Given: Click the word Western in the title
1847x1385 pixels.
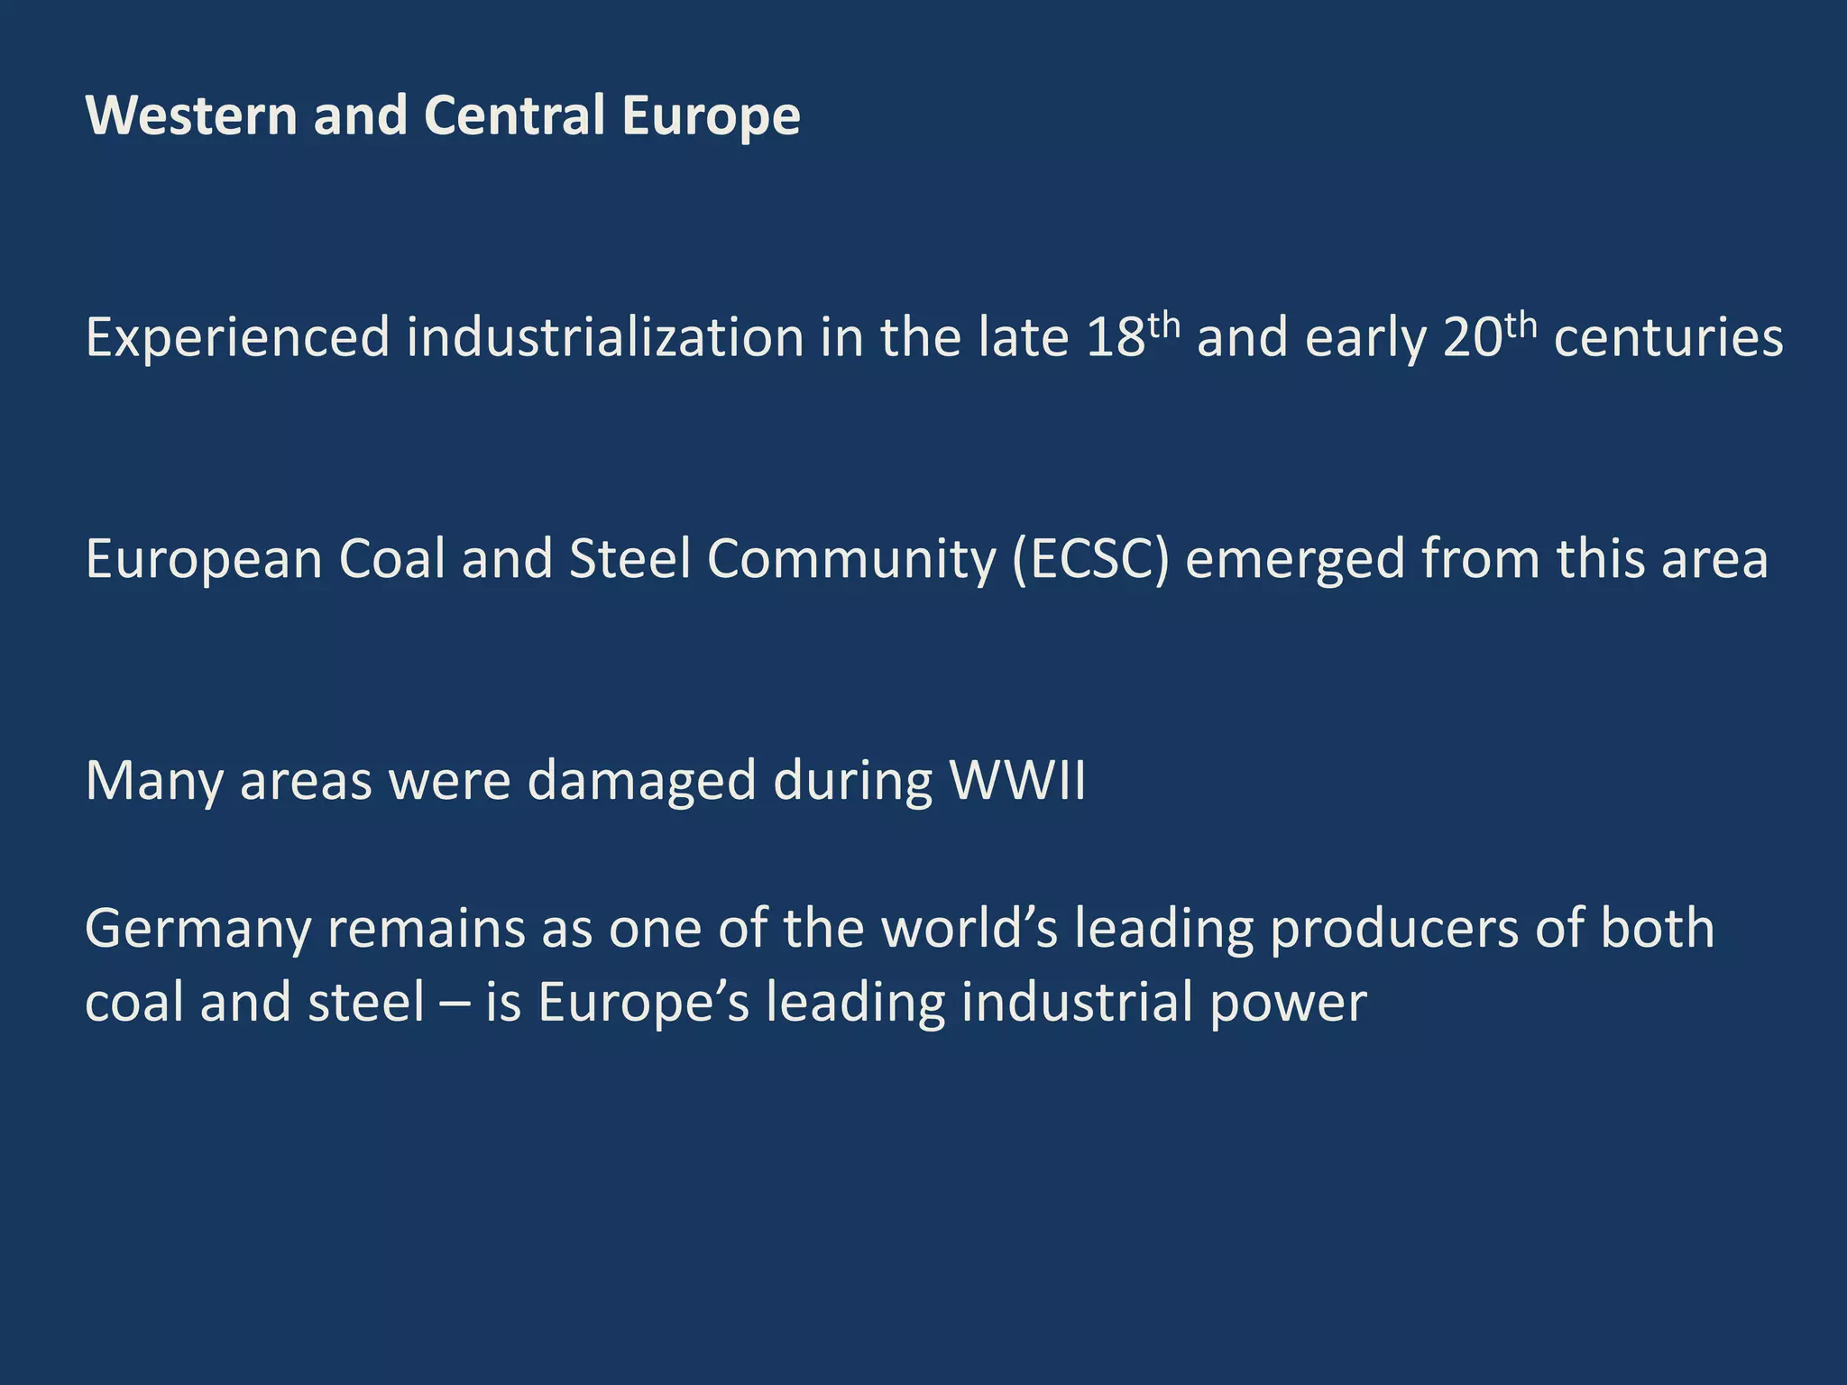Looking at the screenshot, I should click(190, 116).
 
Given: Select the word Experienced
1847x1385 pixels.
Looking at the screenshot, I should click(237, 338).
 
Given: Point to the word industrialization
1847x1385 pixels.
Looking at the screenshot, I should click(604, 338).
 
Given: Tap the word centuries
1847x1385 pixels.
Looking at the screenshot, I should click(1668, 338).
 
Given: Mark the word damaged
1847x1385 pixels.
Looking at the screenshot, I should click(641, 782).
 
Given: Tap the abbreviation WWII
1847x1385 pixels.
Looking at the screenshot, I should click(1018, 780).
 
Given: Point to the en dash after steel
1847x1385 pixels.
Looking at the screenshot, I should click(455, 1004).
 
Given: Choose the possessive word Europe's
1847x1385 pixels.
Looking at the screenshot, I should click(644, 1004).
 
